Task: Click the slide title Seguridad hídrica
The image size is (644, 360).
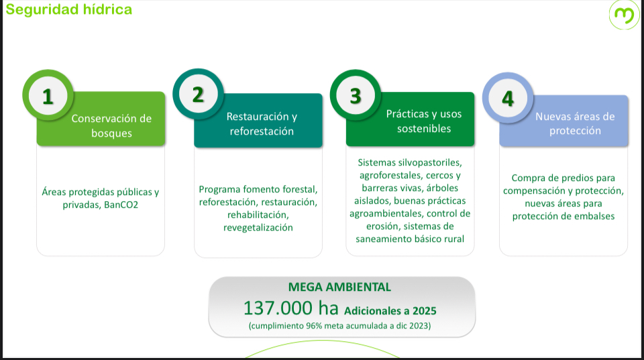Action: pyautogui.click(x=68, y=9)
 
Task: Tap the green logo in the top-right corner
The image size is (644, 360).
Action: pyautogui.click(x=624, y=14)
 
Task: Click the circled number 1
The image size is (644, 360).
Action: pyautogui.click(x=48, y=95)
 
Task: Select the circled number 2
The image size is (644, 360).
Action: pyautogui.click(x=198, y=94)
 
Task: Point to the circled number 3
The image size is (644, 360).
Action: pyautogui.click(x=356, y=95)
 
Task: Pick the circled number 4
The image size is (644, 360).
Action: pyautogui.click(x=508, y=98)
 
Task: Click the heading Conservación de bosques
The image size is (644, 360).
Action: pyautogui.click(x=111, y=125)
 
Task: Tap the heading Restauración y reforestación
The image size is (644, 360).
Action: pyautogui.click(x=262, y=123)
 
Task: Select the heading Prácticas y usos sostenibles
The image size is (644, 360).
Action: pyautogui.click(x=424, y=121)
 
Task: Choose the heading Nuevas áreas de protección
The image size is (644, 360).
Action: pyautogui.click(x=575, y=123)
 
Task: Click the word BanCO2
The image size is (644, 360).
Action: pyautogui.click(x=121, y=204)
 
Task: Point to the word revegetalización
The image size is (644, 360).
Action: pyautogui.click(x=258, y=227)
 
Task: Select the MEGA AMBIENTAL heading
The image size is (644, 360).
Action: pyautogui.click(x=339, y=287)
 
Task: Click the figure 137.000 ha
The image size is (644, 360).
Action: pyautogui.click(x=290, y=308)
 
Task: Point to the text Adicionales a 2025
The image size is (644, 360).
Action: pyautogui.click(x=390, y=311)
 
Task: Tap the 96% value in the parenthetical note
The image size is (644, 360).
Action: pyautogui.click(x=314, y=326)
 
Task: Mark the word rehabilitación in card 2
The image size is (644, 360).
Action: pyautogui.click(x=258, y=215)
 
